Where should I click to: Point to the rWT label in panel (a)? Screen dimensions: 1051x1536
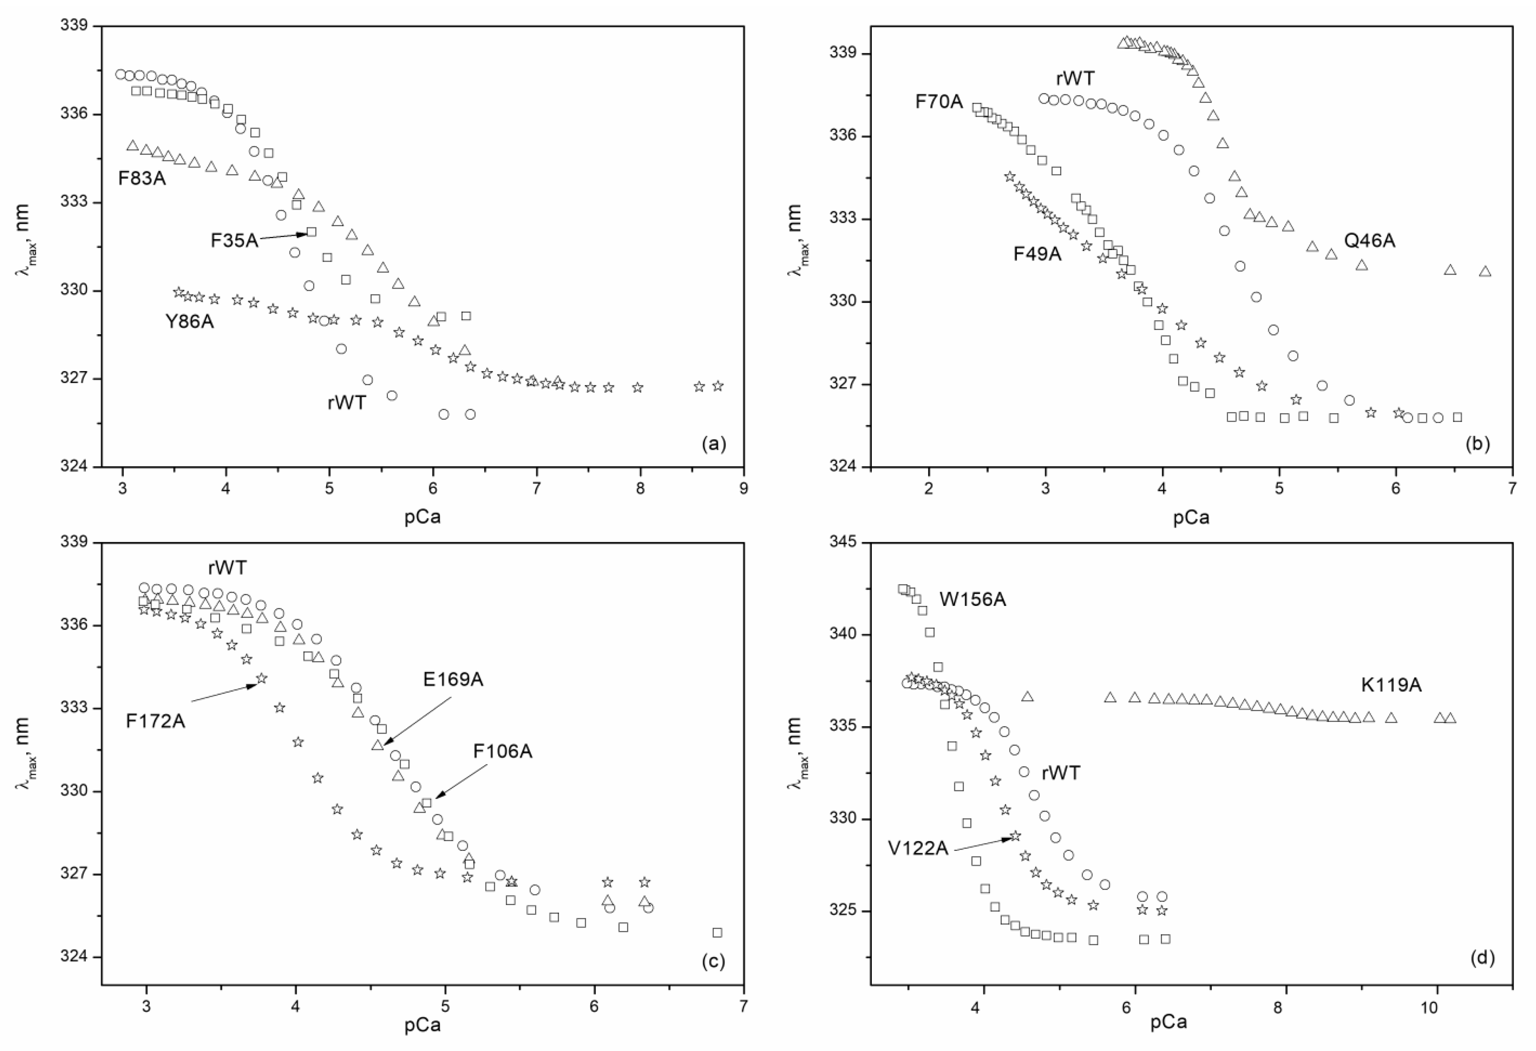click(346, 402)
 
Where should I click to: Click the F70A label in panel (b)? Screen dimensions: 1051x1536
click(939, 102)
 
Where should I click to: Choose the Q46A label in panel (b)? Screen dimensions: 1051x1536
click(1369, 241)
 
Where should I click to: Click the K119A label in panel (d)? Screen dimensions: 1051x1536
click(1390, 685)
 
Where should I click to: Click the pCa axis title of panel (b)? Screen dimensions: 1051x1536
click(1191, 517)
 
